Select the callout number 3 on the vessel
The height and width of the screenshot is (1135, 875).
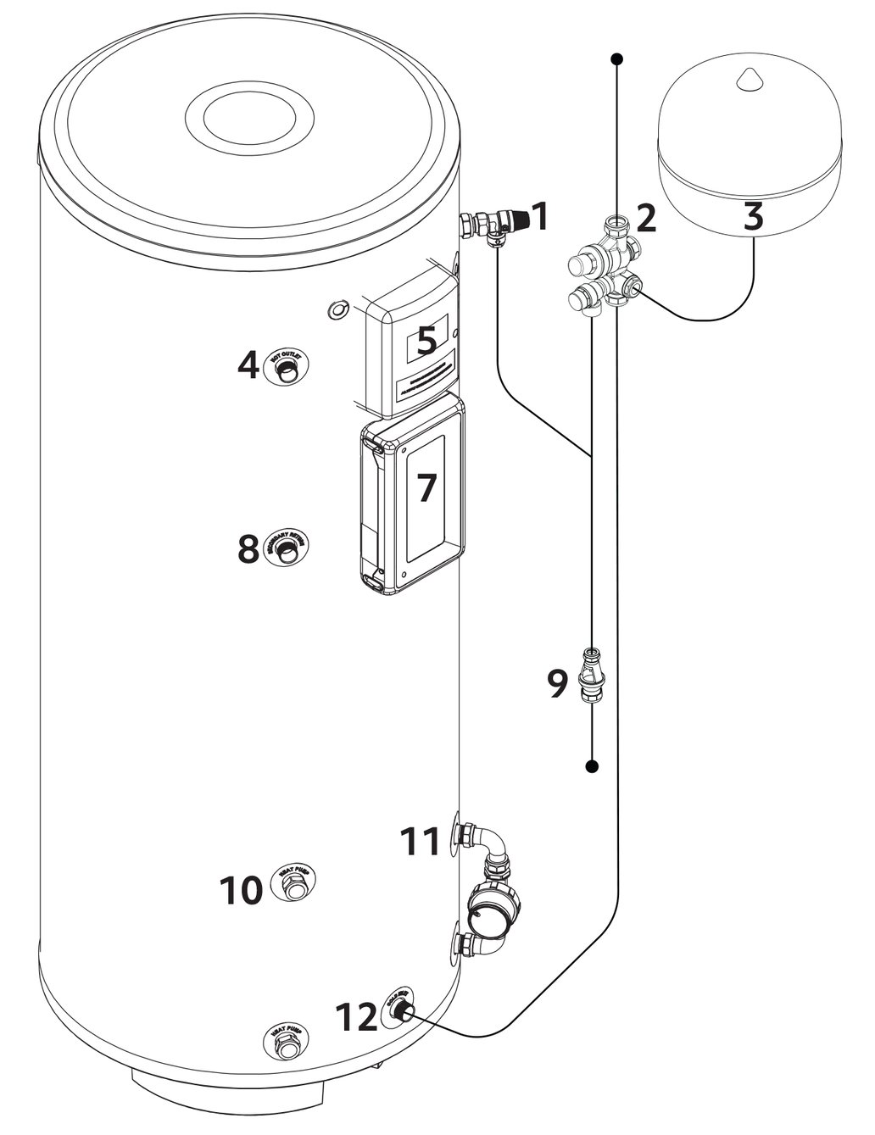click(x=753, y=217)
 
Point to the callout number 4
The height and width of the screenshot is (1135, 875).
click(x=248, y=365)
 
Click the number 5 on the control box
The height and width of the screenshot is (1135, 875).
click(x=426, y=340)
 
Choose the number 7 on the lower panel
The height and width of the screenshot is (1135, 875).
click(x=426, y=489)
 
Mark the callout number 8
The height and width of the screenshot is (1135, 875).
click(x=248, y=548)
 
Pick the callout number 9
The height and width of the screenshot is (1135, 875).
click(x=556, y=684)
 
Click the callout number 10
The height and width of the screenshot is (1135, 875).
click(x=242, y=891)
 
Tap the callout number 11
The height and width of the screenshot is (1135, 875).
click(x=421, y=842)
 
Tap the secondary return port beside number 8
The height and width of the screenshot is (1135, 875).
click(x=289, y=549)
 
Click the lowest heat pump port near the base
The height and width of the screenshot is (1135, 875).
click(x=288, y=1044)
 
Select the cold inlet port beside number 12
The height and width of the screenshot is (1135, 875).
click(x=401, y=1010)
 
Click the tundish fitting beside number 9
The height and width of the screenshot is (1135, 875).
click(x=590, y=673)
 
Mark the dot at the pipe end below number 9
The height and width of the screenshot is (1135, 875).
click(x=592, y=766)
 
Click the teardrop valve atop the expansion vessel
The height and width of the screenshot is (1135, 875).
click(x=750, y=79)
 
